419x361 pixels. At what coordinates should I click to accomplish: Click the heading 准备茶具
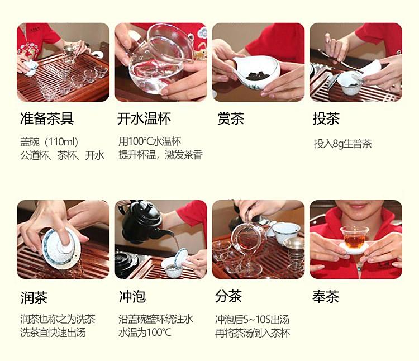tap(47, 118)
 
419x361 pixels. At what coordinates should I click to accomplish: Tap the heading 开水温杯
tap(144, 118)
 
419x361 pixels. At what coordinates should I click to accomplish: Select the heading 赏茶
tap(231, 118)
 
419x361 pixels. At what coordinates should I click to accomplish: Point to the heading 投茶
tap(326, 118)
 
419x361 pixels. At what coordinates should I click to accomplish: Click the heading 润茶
tap(34, 297)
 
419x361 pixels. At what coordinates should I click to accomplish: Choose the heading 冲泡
tap(132, 297)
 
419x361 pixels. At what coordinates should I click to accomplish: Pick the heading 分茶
tap(228, 296)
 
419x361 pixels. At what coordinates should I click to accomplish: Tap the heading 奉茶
tap(326, 297)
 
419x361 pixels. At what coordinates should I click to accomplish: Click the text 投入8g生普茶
tap(343, 144)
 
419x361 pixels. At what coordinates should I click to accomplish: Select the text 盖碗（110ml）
tap(49, 141)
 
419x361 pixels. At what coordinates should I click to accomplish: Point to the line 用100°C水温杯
tap(150, 141)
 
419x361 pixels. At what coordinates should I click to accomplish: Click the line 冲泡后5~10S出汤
tap(253, 319)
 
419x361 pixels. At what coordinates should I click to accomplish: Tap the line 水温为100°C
tap(145, 332)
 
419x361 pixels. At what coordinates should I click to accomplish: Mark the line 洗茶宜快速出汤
tap(53, 332)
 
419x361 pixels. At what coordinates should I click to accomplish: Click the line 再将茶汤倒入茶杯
tap(253, 333)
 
